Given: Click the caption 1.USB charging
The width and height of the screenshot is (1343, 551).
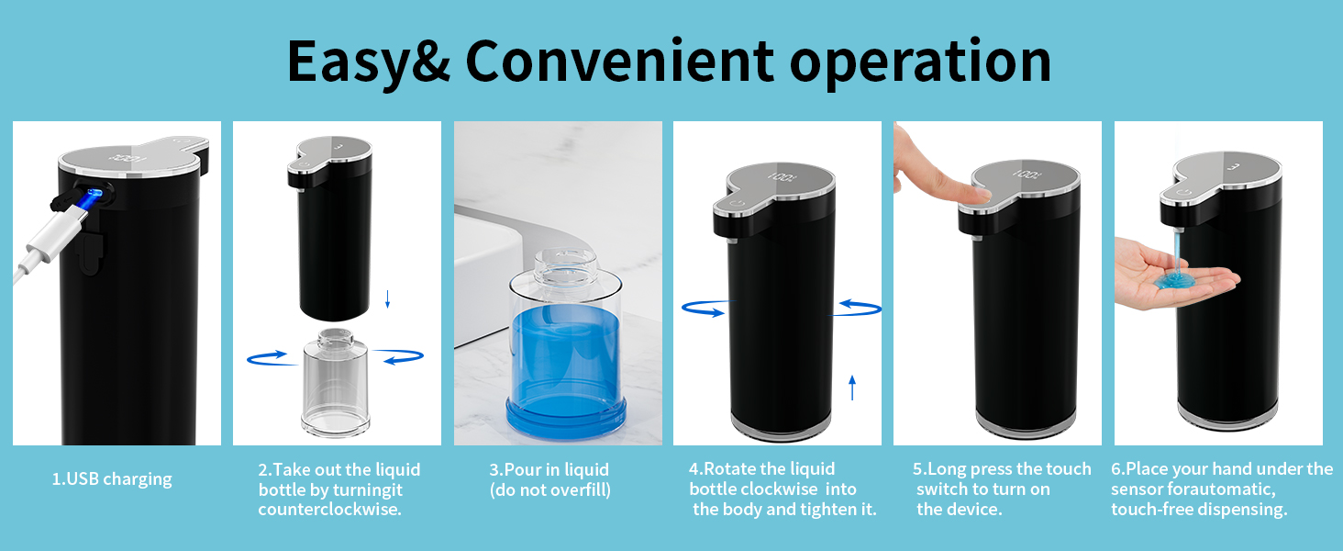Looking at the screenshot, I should point(112,478).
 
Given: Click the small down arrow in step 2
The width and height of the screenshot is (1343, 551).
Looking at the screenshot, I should point(387,298).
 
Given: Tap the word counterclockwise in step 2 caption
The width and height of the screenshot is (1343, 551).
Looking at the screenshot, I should point(329,509).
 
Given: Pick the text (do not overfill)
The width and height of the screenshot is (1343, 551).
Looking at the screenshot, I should point(549,489).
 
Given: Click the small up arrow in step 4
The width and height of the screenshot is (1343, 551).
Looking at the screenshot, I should point(852,387).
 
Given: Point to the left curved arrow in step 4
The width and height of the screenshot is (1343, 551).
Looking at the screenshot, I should point(704,309).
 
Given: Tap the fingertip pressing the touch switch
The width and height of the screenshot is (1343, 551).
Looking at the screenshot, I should point(975,194).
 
